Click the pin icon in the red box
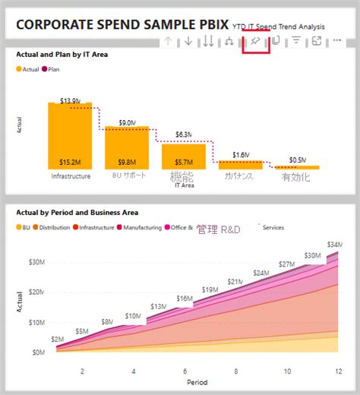(x=255, y=40)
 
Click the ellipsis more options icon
(x=336, y=40)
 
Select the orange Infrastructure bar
(x=70, y=137)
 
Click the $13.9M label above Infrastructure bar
(x=70, y=100)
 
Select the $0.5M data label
(x=298, y=160)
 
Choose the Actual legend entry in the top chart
(x=28, y=69)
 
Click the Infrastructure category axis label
(x=71, y=176)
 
